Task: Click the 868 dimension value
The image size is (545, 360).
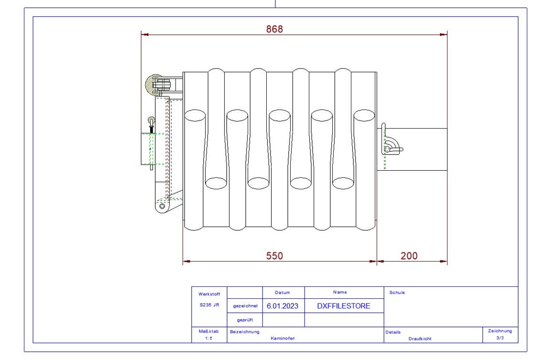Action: pyautogui.click(x=274, y=29)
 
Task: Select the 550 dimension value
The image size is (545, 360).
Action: pyautogui.click(x=274, y=256)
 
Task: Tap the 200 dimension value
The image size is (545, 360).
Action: pyautogui.click(x=409, y=256)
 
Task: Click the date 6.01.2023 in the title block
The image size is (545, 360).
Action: pyautogui.click(x=283, y=306)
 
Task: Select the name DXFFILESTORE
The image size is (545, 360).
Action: pyautogui.click(x=344, y=306)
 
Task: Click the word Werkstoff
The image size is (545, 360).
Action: pyautogui.click(x=209, y=294)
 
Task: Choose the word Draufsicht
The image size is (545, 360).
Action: pyautogui.click(x=420, y=338)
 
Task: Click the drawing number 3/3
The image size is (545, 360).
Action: pyautogui.click(x=500, y=338)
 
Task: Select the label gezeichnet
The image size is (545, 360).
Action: pyautogui.click(x=245, y=306)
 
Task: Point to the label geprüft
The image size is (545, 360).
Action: pyautogui.click(x=245, y=320)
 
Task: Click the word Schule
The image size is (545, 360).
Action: pyautogui.click(x=397, y=293)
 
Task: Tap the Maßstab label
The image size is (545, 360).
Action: pyautogui.click(x=208, y=331)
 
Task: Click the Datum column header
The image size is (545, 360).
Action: pyautogui.click(x=283, y=292)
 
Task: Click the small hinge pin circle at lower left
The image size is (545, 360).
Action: pyautogui.click(x=162, y=206)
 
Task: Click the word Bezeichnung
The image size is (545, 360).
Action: pyautogui.click(x=245, y=331)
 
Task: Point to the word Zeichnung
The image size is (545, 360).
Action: pyautogui.click(x=500, y=331)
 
